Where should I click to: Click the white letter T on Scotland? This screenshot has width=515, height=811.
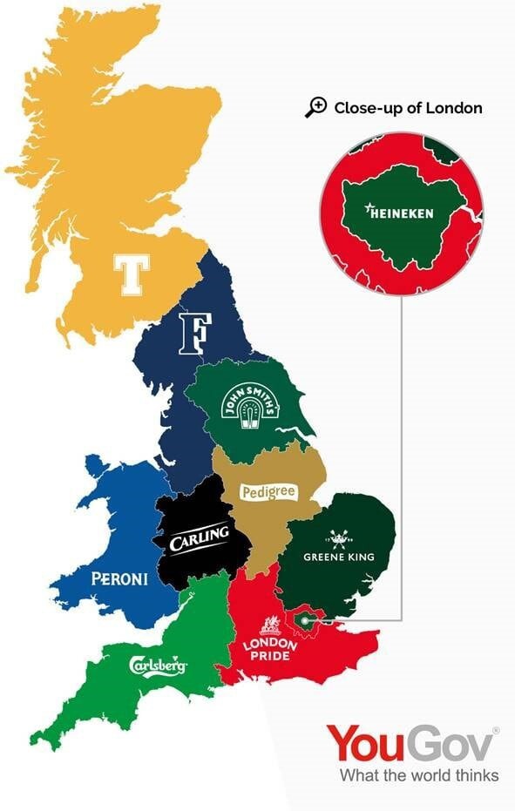pos(132,274)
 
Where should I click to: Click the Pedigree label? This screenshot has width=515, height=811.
pos(269,493)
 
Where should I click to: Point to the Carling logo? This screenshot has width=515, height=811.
pos(200,539)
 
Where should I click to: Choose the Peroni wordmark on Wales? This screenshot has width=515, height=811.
pos(119,578)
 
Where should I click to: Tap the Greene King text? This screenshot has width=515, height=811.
pos(339,556)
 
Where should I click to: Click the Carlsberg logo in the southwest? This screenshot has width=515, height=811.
pos(158,666)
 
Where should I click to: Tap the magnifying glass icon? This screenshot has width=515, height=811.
pos(315,107)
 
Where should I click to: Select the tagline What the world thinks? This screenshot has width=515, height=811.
pos(419,775)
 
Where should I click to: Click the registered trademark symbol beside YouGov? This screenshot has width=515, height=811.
pos(496,730)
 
